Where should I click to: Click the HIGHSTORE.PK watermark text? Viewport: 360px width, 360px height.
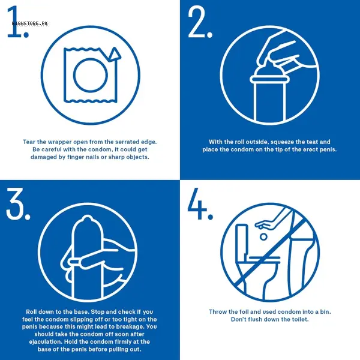pos(30,23)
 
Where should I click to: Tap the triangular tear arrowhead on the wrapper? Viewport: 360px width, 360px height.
pos(114,54)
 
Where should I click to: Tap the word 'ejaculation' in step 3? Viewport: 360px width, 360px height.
pos(46,342)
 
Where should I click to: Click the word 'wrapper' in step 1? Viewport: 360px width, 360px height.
pos(59,142)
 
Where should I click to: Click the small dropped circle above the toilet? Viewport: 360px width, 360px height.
pos(263,237)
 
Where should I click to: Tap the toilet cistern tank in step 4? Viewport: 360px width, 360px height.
pos(242,239)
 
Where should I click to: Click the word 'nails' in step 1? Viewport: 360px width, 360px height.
pos(91,157)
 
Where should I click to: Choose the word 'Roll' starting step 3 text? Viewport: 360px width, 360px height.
pos(32,312)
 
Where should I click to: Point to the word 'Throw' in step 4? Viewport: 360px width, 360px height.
pos(217,312)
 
